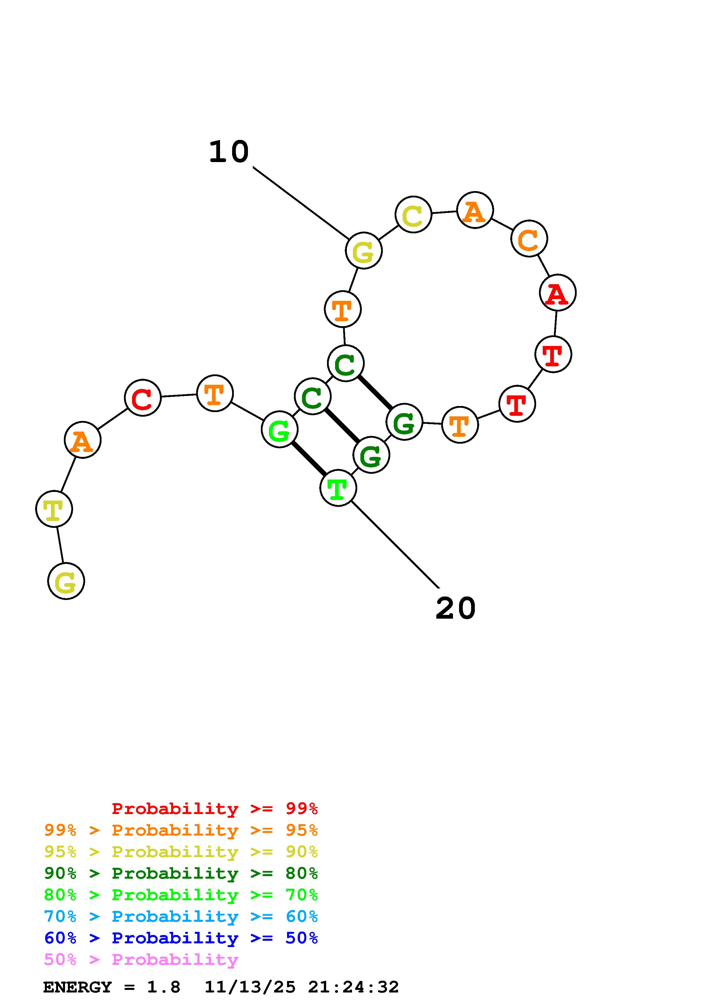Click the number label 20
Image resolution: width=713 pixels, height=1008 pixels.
coord(456,609)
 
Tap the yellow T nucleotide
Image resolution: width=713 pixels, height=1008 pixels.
coord(54,509)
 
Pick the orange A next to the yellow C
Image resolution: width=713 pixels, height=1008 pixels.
coord(475,210)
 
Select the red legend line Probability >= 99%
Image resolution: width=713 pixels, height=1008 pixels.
coord(214,809)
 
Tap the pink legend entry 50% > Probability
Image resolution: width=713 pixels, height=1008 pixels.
coord(141,960)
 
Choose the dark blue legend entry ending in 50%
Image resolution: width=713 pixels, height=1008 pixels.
coord(181,938)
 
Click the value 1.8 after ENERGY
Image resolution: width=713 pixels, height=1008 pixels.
coord(163,987)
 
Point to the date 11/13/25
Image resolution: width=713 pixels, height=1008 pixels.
coord(250,987)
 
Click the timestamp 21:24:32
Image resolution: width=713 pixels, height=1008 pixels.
coord(353,987)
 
